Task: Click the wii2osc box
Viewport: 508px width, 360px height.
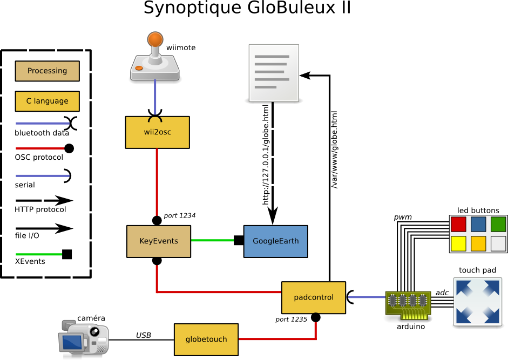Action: tap(157, 132)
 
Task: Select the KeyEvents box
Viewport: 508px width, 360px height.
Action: tap(158, 241)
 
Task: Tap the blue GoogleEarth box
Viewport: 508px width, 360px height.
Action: tap(275, 241)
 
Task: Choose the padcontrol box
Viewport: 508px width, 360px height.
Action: tap(313, 297)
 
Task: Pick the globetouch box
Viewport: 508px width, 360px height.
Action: tap(206, 339)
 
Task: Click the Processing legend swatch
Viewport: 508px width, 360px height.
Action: tap(47, 71)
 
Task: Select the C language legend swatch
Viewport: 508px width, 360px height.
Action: tap(47, 101)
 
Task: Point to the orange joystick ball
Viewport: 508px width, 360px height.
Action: tap(155, 38)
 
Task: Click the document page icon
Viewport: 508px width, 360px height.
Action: tap(275, 73)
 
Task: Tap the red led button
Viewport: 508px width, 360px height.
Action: tap(458, 224)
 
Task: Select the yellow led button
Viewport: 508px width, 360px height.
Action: tap(458, 243)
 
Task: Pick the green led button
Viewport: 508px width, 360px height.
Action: tap(498, 224)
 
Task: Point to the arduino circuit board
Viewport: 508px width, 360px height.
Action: tap(409, 305)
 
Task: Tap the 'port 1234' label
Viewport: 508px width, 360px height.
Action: tap(179, 215)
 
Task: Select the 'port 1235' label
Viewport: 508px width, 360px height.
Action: tap(291, 319)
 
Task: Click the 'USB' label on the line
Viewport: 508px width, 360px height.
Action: tap(143, 335)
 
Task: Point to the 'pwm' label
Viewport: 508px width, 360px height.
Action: tap(403, 217)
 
